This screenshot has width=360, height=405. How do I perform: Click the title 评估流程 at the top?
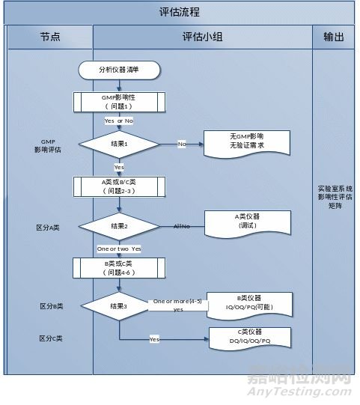coord(180,12)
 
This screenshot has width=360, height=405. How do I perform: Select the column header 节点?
coord(49,37)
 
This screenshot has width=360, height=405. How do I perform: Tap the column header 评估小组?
coord(202,37)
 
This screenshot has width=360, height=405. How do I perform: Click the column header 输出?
coord(335,37)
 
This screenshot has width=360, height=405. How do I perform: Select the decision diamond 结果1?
coord(120,143)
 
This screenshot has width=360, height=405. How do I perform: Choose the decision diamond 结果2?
coord(120,225)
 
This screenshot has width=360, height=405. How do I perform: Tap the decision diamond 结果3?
coord(120,305)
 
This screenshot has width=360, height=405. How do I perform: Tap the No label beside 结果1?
coord(182,143)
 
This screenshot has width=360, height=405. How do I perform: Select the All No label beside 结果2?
coord(182,225)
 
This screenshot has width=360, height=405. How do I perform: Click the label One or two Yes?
coord(119,249)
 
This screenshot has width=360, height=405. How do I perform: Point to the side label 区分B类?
coord(51,306)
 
